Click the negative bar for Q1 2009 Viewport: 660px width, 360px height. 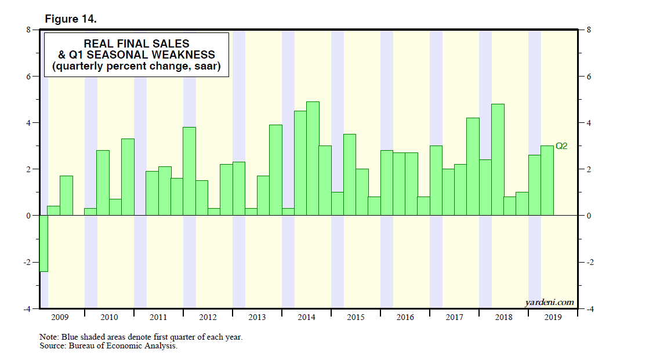43,243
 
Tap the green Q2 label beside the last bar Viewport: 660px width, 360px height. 561,146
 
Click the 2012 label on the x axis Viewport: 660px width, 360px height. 208,318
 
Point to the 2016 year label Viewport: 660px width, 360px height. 405,318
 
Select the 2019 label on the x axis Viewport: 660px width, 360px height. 553,318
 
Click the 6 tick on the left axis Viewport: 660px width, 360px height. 27,77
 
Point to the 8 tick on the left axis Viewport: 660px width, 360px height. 27,30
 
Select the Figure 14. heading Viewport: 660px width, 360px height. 71,19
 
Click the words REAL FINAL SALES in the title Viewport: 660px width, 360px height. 137,43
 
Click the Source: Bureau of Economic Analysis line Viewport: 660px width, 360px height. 108,346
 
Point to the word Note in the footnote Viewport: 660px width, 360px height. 47,337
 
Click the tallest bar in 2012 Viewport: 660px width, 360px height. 189,171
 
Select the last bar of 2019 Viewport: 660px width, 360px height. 547,180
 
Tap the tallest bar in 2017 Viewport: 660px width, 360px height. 473,166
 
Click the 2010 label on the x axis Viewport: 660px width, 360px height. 109,318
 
